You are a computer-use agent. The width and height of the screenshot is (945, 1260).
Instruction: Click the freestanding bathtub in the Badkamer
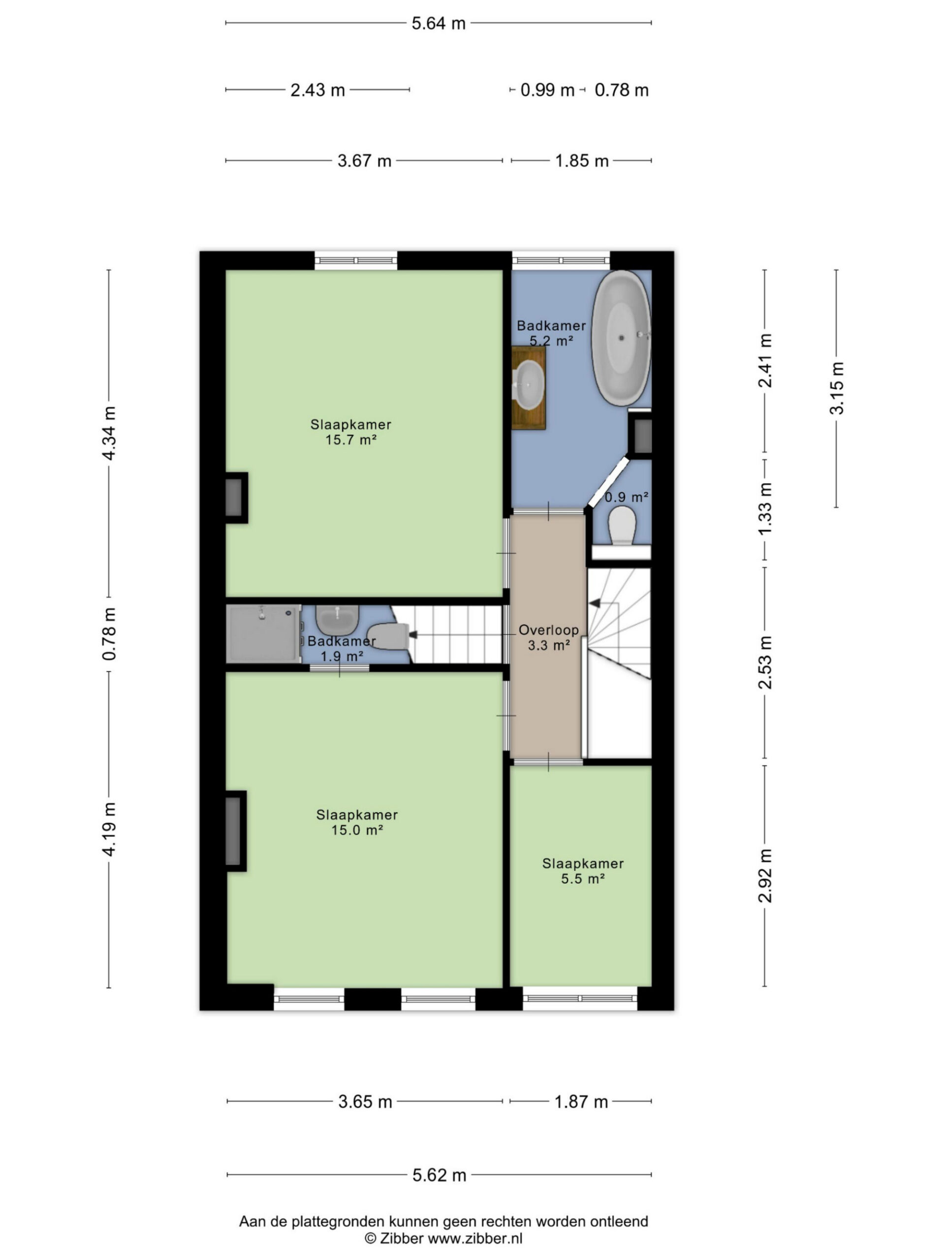(x=620, y=338)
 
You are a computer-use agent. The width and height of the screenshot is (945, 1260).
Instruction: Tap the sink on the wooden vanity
(x=529, y=385)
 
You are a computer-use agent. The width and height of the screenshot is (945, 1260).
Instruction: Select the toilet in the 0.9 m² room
(x=622, y=524)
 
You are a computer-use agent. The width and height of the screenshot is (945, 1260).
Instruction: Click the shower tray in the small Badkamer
(x=263, y=633)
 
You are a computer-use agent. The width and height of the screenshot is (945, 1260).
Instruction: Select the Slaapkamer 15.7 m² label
(x=351, y=432)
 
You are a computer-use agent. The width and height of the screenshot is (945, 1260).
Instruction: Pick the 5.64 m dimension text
(x=439, y=23)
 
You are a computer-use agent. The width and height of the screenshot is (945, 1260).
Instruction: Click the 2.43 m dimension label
(x=318, y=90)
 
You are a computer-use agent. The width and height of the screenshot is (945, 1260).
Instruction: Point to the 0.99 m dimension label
(x=547, y=90)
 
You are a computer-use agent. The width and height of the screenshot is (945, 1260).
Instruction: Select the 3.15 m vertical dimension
(x=837, y=388)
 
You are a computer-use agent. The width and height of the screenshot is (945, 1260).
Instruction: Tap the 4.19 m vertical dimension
(x=109, y=829)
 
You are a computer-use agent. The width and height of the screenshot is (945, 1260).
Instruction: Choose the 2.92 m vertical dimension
(x=765, y=876)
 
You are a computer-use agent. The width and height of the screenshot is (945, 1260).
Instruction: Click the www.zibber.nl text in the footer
(x=475, y=1238)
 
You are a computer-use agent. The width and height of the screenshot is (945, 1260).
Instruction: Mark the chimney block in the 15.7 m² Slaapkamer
(x=236, y=497)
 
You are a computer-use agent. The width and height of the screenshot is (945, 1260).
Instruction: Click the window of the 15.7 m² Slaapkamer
(x=356, y=260)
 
